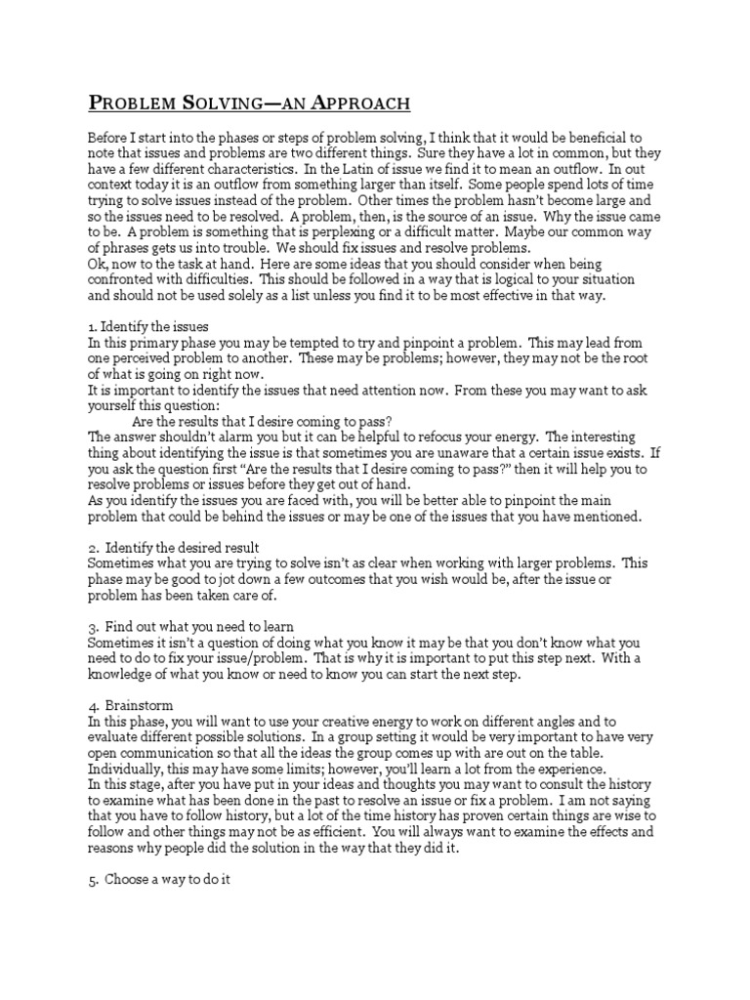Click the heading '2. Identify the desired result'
(x=174, y=547)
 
